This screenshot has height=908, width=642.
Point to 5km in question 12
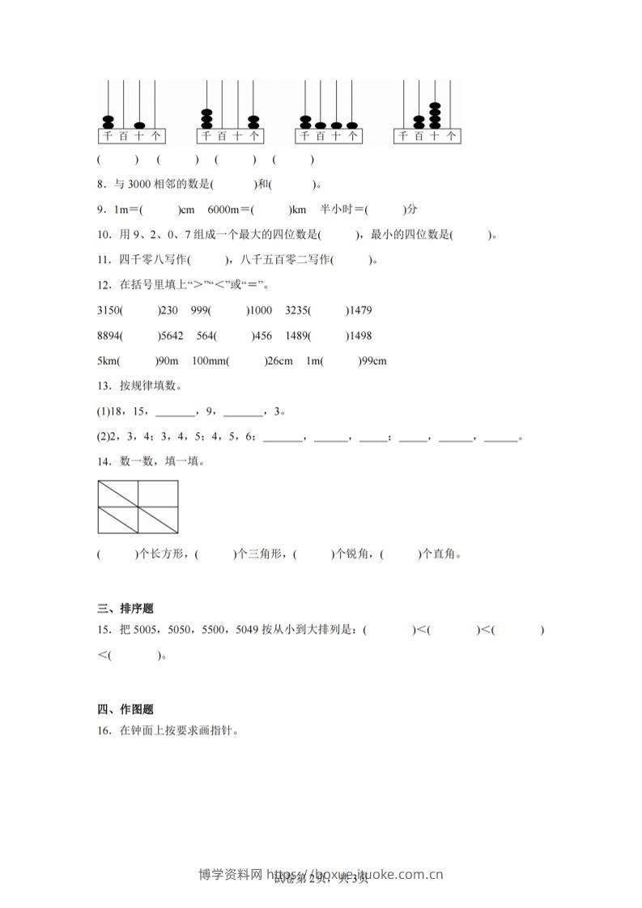[x=108, y=361]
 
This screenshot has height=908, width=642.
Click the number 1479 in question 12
[x=360, y=310]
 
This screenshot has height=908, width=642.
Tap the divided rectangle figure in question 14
[x=138, y=507]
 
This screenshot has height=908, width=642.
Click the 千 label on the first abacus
[x=108, y=136]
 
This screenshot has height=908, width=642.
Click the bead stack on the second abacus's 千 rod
[x=206, y=119]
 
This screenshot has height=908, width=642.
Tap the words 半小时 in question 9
[x=337, y=209]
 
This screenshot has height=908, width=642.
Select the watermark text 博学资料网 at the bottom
[x=230, y=874]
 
